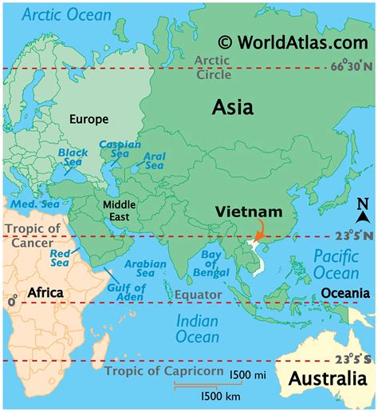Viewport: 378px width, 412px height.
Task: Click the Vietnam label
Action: tap(249, 213)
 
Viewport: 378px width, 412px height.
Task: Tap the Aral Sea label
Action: tap(154, 160)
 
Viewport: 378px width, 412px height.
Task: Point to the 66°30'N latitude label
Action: tap(350, 67)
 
